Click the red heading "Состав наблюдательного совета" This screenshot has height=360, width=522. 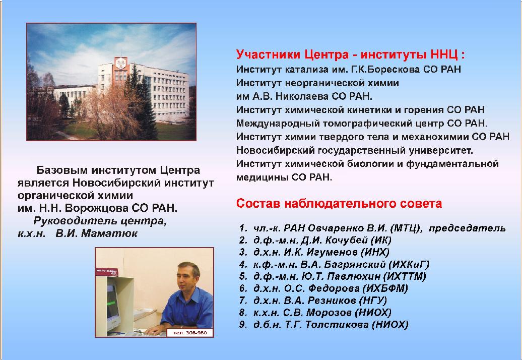pyautogui.click(x=339, y=203)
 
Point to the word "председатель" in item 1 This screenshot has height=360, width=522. pyautogui.click(x=467, y=228)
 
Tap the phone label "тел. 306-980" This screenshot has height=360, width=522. pyautogui.click(x=190, y=332)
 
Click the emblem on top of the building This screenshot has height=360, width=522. pyautogui.click(x=120, y=63)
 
